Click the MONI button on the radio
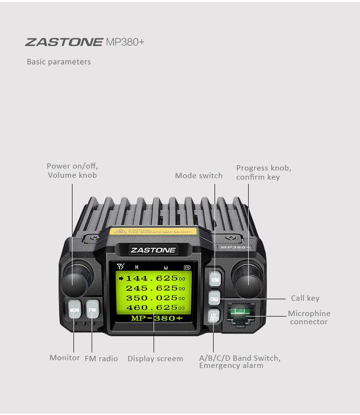(x=74, y=310)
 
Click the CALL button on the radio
(x=215, y=298)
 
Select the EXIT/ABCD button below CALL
(x=214, y=317)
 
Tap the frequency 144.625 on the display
(x=152, y=278)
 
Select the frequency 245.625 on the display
(x=152, y=288)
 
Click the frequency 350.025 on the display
(x=152, y=298)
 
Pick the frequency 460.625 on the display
(x=152, y=308)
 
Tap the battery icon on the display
(x=187, y=267)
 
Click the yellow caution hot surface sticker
(x=152, y=231)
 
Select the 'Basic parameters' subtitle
(x=59, y=62)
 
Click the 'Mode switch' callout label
(x=199, y=176)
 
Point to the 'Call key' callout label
(x=305, y=298)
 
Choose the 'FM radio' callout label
(x=101, y=359)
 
